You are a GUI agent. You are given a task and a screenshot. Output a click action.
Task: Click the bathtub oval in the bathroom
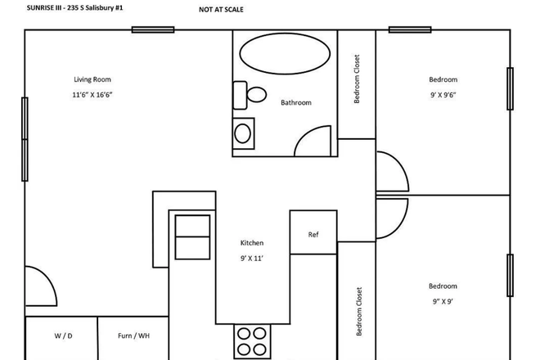point(285,54)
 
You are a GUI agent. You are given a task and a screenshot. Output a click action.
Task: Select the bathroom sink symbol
point(244,131)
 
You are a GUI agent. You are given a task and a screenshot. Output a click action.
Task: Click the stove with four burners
point(252,341)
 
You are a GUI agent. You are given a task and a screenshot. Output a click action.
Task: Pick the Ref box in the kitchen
point(313,235)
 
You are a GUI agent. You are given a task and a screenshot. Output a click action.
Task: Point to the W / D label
point(62,336)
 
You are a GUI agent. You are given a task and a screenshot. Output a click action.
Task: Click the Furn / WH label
point(133,336)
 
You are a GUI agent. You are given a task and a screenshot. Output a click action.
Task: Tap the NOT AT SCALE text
point(222,11)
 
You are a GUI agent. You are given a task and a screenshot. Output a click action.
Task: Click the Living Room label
point(92,79)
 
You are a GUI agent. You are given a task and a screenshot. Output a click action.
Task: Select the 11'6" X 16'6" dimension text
point(92,95)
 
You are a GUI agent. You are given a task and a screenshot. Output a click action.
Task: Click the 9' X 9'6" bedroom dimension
point(443,95)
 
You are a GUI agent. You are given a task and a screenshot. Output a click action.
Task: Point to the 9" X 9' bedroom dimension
point(443,302)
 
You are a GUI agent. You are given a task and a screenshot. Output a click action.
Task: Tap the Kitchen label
point(252,243)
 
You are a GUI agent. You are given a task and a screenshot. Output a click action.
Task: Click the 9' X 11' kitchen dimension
point(252,259)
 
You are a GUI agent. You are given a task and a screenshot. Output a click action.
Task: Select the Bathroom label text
point(296,103)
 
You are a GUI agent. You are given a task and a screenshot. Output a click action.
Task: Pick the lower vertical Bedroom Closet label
point(358,312)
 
